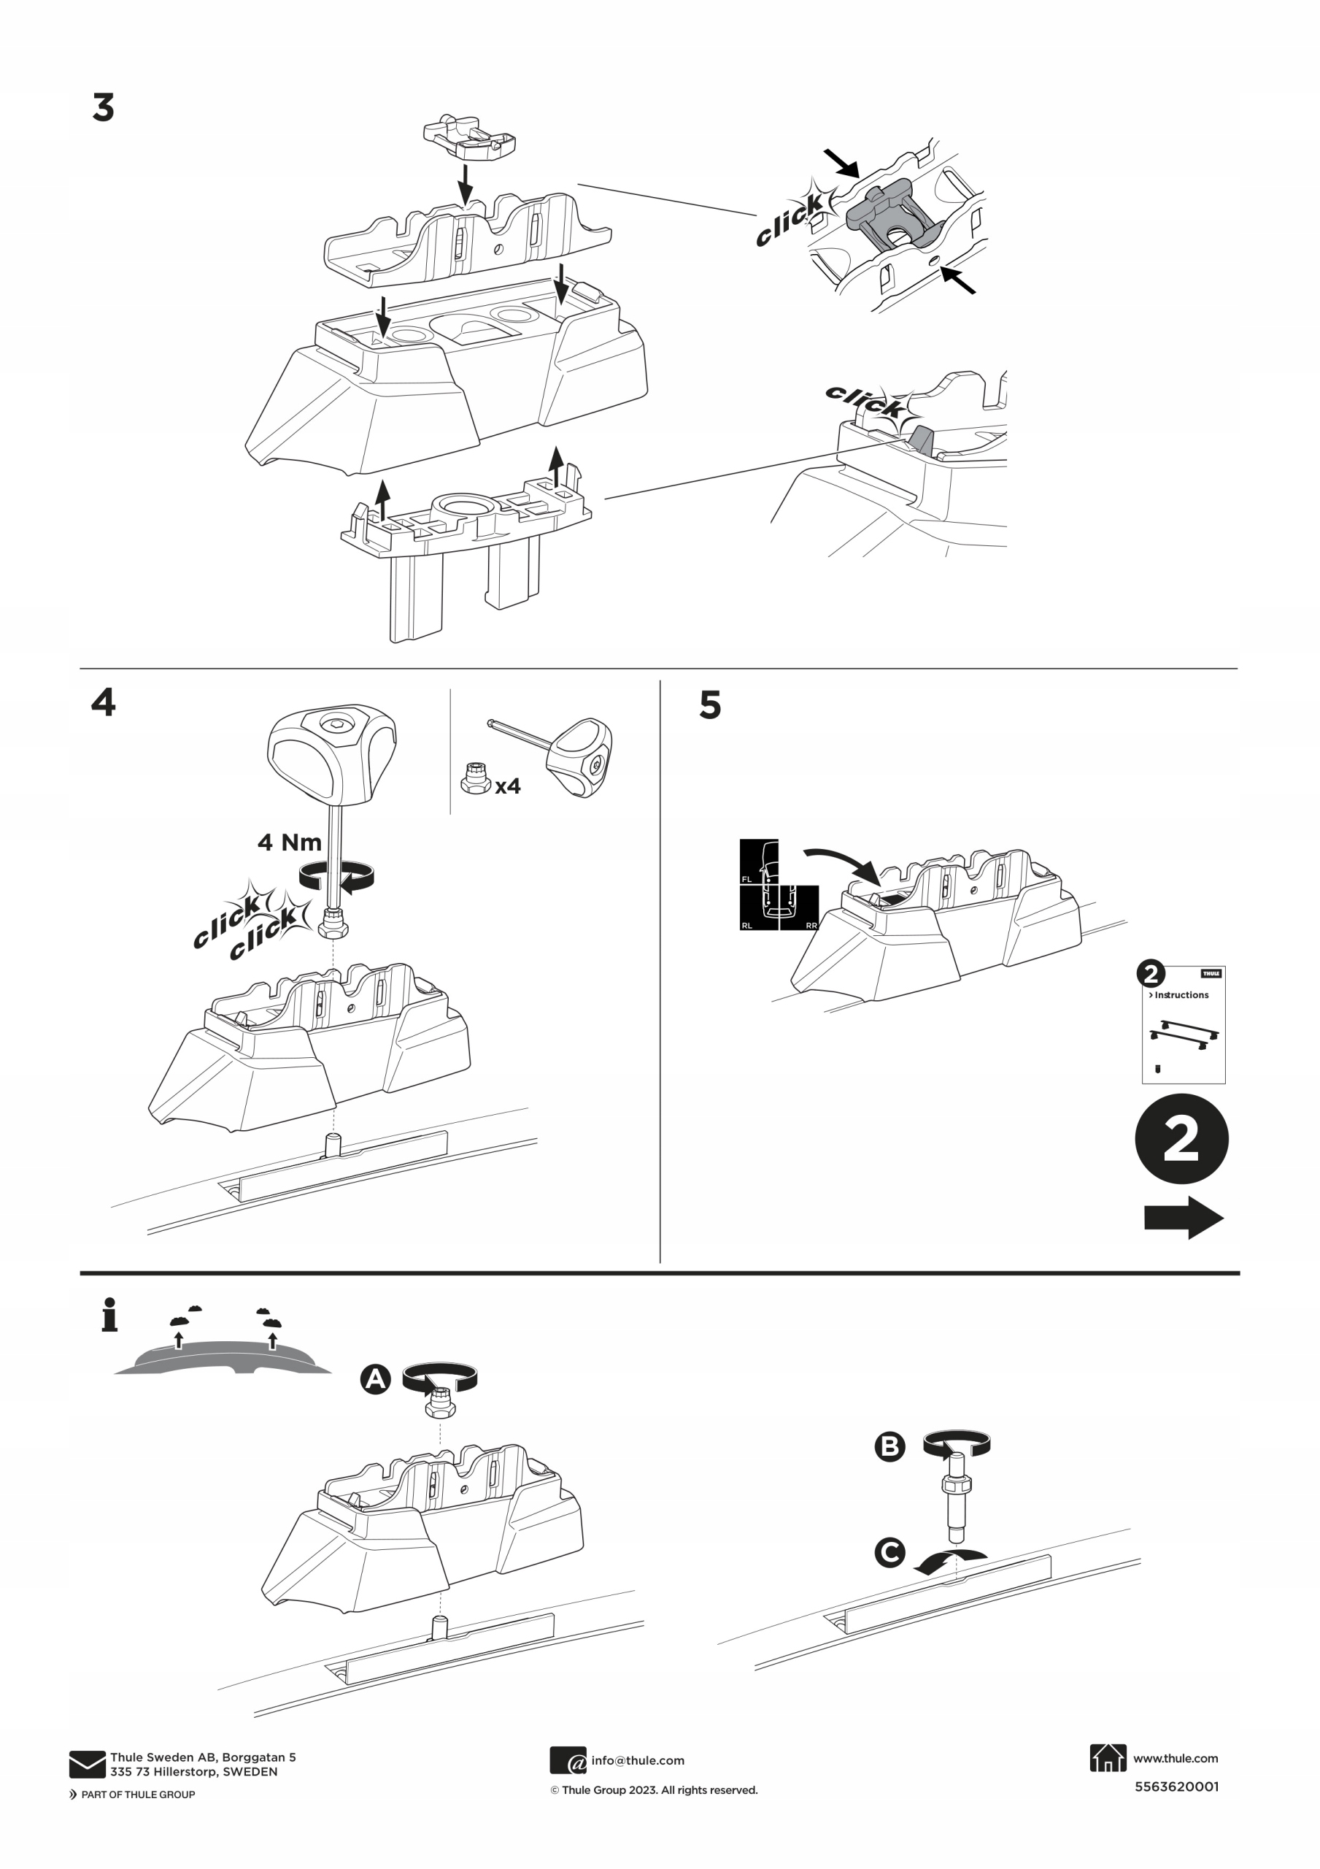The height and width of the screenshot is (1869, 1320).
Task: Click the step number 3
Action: coord(104,108)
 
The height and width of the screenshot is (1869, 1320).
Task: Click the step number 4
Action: coord(104,702)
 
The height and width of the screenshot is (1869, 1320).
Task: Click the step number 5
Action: coord(710,705)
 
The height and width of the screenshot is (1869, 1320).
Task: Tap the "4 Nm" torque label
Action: coord(289,842)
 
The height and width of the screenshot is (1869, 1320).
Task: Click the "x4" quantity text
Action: coord(508,786)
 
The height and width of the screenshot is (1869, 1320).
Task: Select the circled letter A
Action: coord(375,1379)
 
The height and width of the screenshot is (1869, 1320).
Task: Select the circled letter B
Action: coord(889,1446)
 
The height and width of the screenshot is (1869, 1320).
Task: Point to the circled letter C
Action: coord(889,1551)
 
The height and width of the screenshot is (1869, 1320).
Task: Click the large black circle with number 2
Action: coord(1181,1139)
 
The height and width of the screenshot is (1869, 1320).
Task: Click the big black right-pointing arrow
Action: coord(1184,1218)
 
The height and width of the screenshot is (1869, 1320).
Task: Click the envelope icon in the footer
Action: coord(87,1764)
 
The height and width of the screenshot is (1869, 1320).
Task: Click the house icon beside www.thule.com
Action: coord(1108,1758)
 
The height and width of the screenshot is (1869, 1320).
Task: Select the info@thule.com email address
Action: coord(637,1761)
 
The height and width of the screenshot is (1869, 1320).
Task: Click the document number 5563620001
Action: coord(1176,1787)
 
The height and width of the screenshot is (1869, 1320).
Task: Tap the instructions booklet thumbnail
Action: coord(1184,1026)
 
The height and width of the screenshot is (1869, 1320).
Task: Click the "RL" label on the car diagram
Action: coord(747,926)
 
